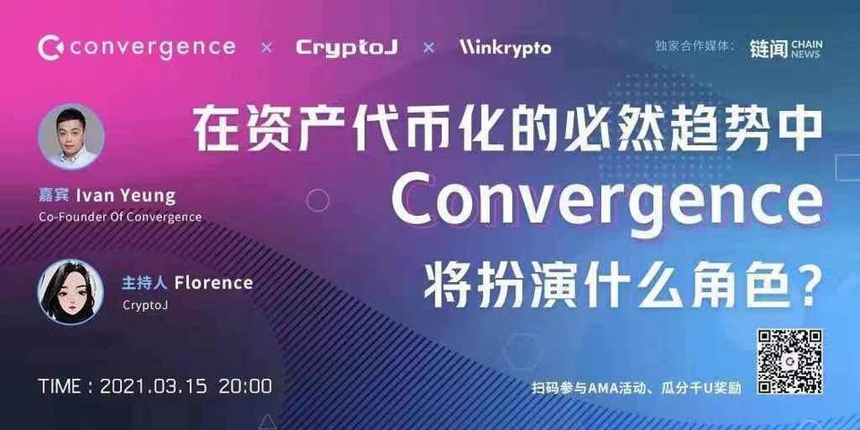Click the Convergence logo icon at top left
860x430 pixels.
pos(50,47)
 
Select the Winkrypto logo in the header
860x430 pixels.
pos(505,47)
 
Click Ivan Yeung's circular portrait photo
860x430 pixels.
pos(71,136)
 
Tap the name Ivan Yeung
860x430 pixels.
pos(139,194)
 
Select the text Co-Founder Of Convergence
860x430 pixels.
pos(120,217)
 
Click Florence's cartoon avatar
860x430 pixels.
pos(71,292)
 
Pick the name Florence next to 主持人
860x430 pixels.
pos(213,283)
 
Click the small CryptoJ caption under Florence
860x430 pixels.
pos(145,305)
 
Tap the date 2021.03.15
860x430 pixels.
pos(153,387)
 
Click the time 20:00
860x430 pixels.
pos(245,387)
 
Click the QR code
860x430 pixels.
pos(789,361)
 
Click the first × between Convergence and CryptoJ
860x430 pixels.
pos(266,47)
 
